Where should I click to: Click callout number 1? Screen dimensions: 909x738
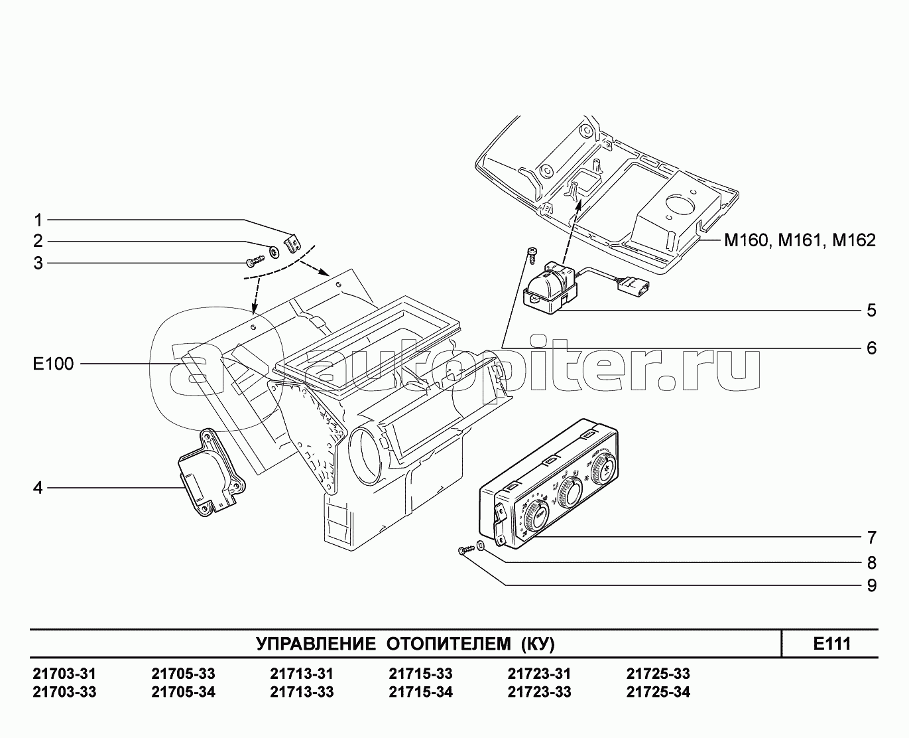(x=38, y=220)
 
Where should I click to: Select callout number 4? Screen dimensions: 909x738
(x=38, y=488)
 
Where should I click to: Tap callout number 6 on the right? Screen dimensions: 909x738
(x=871, y=348)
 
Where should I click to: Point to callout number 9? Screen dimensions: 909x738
(x=871, y=585)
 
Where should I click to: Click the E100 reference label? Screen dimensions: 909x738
(x=53, y=364)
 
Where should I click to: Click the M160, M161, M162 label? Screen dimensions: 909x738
(x=800, y=240)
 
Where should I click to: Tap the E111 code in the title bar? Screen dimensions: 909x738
(x=831, y=644)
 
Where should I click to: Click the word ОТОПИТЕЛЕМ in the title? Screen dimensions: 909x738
(x=448, y=644)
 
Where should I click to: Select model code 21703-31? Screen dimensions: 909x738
(x=64, y=674)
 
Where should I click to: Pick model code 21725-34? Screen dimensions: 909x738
(x=658, y=692)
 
